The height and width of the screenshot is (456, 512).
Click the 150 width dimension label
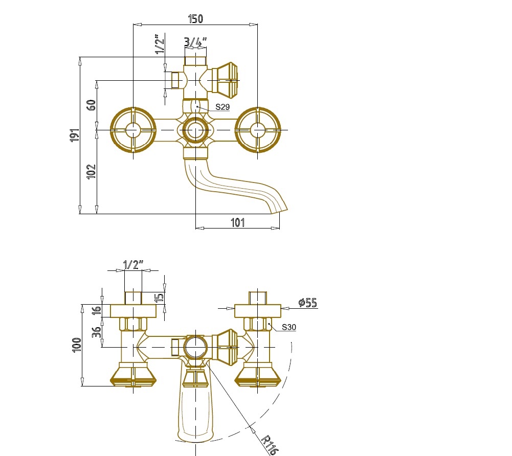coord(195,18)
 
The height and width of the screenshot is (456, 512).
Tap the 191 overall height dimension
coord(75,135)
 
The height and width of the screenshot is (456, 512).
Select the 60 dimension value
coord(92,105)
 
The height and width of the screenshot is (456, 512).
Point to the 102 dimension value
coord(92,171)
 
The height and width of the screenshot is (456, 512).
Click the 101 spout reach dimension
coord(238,222)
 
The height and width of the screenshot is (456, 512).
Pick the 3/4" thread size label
coord(195,42)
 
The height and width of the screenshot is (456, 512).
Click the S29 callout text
coord(222,107)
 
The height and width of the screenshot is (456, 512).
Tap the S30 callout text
coord(288,327)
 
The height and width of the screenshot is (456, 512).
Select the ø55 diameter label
coord(307,303)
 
